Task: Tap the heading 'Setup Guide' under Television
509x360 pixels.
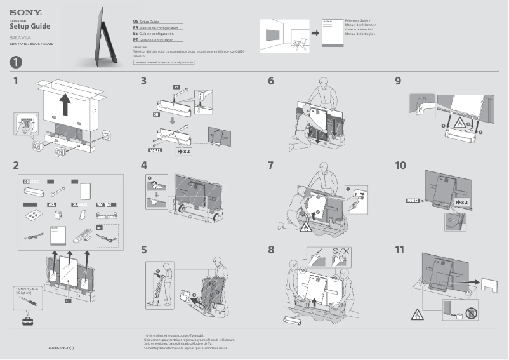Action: (x=30, y=26)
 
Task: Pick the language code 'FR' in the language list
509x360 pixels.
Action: (x=136, y=29)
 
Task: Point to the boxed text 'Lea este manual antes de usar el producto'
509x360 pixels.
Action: (x=164, y=62)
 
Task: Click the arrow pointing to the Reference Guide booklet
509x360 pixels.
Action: (x=314, y=32)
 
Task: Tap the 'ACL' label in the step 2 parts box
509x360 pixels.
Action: (x=53, y=204)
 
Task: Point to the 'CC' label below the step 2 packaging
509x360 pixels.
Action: (x=68, y=301)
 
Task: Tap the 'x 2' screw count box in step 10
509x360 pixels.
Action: (x=461, y=201)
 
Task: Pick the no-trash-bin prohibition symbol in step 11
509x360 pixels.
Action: (x=470, y=312)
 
